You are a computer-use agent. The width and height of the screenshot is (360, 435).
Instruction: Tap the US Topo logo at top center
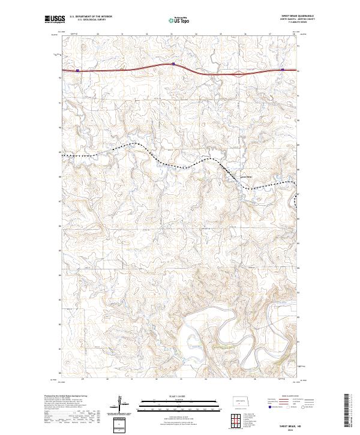[x=179, y=20]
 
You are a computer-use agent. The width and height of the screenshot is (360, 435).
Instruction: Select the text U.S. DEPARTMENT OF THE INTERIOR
[x=91, y=17]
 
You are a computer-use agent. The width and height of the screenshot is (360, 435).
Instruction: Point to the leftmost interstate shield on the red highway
[x=77, y=70]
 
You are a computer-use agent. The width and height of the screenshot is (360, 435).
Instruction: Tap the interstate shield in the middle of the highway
[x=173, y=64]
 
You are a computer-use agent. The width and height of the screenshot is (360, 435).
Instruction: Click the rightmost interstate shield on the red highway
[x=282, y=70]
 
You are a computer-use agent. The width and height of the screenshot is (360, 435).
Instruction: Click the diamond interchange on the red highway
[x=238, y=74]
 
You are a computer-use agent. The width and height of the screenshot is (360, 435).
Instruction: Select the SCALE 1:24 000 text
[x=179, y=395]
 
